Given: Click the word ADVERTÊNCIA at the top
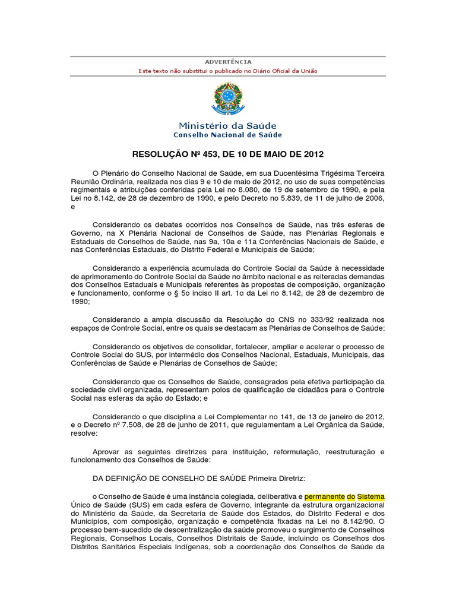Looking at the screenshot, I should tap(228, 62).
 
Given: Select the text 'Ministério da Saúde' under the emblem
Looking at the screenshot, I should tap(228, 126).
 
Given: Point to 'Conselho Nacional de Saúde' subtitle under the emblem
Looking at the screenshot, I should tap(228, 135).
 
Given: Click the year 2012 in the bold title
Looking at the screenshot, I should tap(313, 155).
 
